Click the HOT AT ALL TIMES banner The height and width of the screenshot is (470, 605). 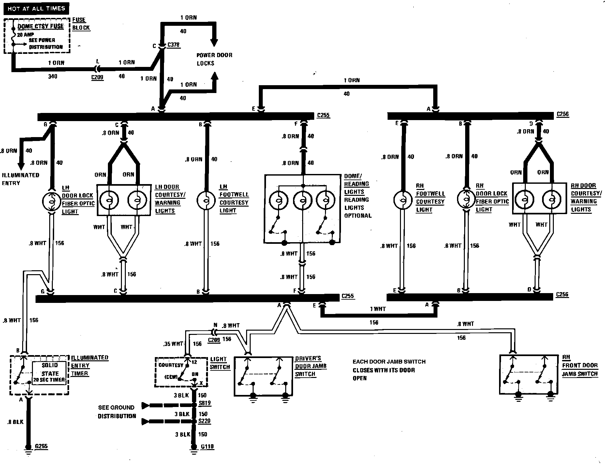coord(36,8)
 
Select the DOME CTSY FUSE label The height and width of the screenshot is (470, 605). coord(41,26)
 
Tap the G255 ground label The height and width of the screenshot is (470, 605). coord(41,446)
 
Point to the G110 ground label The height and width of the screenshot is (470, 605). coord(207,446)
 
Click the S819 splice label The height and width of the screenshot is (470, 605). coord(204,403)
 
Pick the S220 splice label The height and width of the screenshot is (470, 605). coord(204,421)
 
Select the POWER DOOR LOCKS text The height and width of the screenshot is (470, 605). coord(214,59)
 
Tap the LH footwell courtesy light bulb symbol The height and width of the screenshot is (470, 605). coord(206,200)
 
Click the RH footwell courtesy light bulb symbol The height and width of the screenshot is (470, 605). coord(403,200)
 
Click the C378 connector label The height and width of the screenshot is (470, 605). coord(173,45)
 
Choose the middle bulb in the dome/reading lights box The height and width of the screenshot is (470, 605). coord(303,200)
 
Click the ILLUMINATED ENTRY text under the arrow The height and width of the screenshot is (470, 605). coord(20,179)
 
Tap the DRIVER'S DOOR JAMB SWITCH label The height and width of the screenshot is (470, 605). coord(311,366)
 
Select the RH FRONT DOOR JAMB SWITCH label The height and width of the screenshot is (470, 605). coord(580,366)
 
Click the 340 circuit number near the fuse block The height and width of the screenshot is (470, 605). coord(52,76)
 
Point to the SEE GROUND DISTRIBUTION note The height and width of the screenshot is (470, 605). coord(117,412)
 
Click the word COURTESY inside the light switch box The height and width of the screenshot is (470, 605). coord(171,365)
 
